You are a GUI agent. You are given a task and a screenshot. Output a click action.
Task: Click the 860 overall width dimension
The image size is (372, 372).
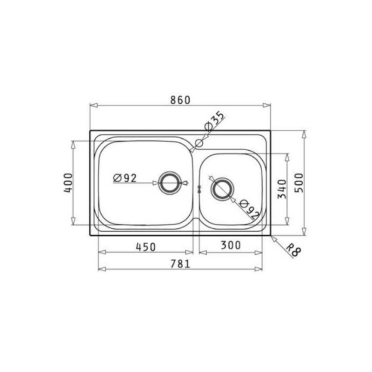180,100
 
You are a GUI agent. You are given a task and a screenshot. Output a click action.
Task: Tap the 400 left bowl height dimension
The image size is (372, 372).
68,183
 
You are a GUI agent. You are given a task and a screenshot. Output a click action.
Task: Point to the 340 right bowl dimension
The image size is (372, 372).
282,189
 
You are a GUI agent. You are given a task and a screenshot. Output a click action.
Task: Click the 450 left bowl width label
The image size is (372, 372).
146,247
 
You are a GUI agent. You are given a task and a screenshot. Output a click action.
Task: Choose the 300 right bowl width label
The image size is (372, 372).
231,245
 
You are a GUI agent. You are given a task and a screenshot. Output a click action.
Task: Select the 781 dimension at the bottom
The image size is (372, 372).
180,264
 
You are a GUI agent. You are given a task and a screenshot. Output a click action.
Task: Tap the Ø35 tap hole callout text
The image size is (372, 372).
214,121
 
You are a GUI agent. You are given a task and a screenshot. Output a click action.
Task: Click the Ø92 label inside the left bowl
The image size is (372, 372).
125,178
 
